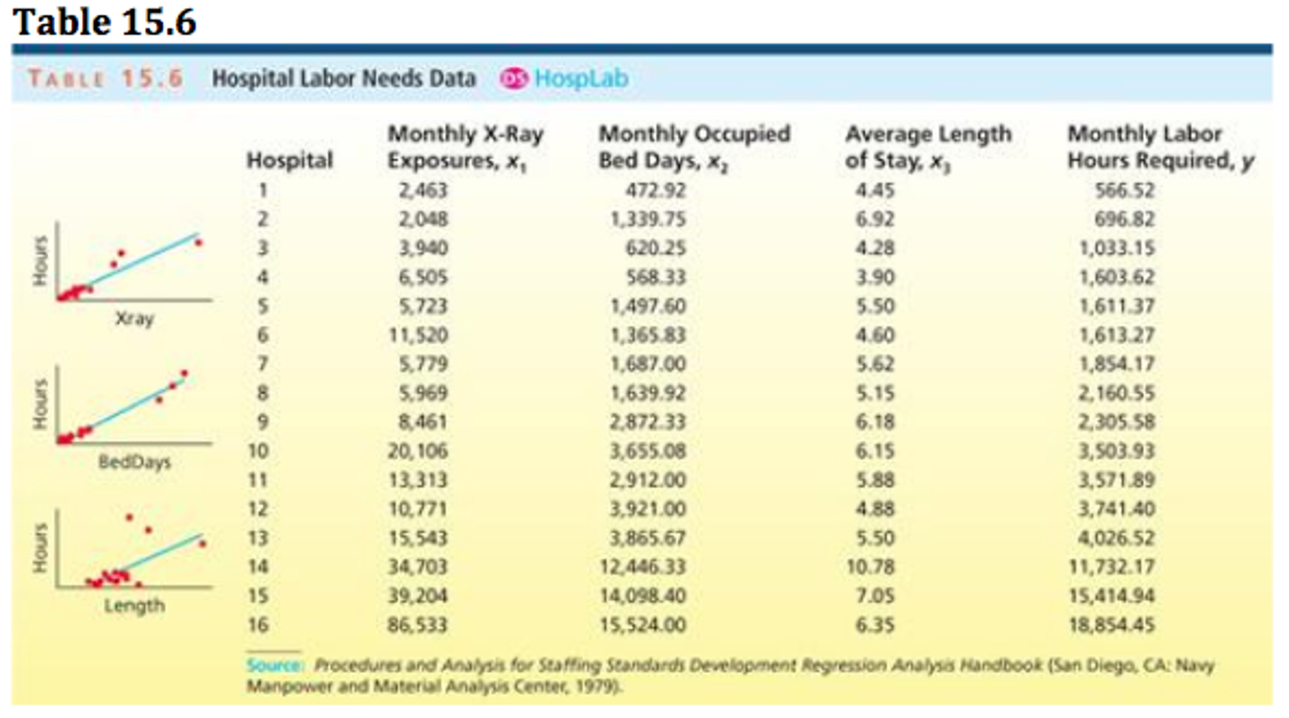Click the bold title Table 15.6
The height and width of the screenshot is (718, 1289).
(x=105, y=23)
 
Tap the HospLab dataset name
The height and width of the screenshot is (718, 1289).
(x=581, y=79)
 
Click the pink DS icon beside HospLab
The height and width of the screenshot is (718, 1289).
(x=513, y=79)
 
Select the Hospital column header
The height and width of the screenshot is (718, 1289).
(x=289, y=160)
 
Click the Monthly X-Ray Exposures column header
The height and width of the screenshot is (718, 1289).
(x=464, y=147)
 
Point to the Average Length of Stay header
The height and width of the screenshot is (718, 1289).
(x=927, y=147)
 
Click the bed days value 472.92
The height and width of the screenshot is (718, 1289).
(x=655, y=190)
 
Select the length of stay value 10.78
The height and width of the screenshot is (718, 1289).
(x=870, y=567)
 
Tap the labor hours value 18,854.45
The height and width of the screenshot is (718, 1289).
(x=1111, y=625)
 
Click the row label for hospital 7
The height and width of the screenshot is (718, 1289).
(x=263, y=364)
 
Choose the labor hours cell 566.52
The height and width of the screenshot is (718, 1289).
(x=1124, y=190)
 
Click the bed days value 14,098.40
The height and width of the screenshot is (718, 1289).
(x=642, y=596)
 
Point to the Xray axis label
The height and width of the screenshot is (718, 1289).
(x=134, y=318)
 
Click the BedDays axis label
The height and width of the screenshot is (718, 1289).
(x=134, y=462)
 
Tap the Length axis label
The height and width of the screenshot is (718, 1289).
(x=134, y=606)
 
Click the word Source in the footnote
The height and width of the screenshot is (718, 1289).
(x=273, y=666)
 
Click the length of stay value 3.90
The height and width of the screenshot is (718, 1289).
(x=874, y=277)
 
